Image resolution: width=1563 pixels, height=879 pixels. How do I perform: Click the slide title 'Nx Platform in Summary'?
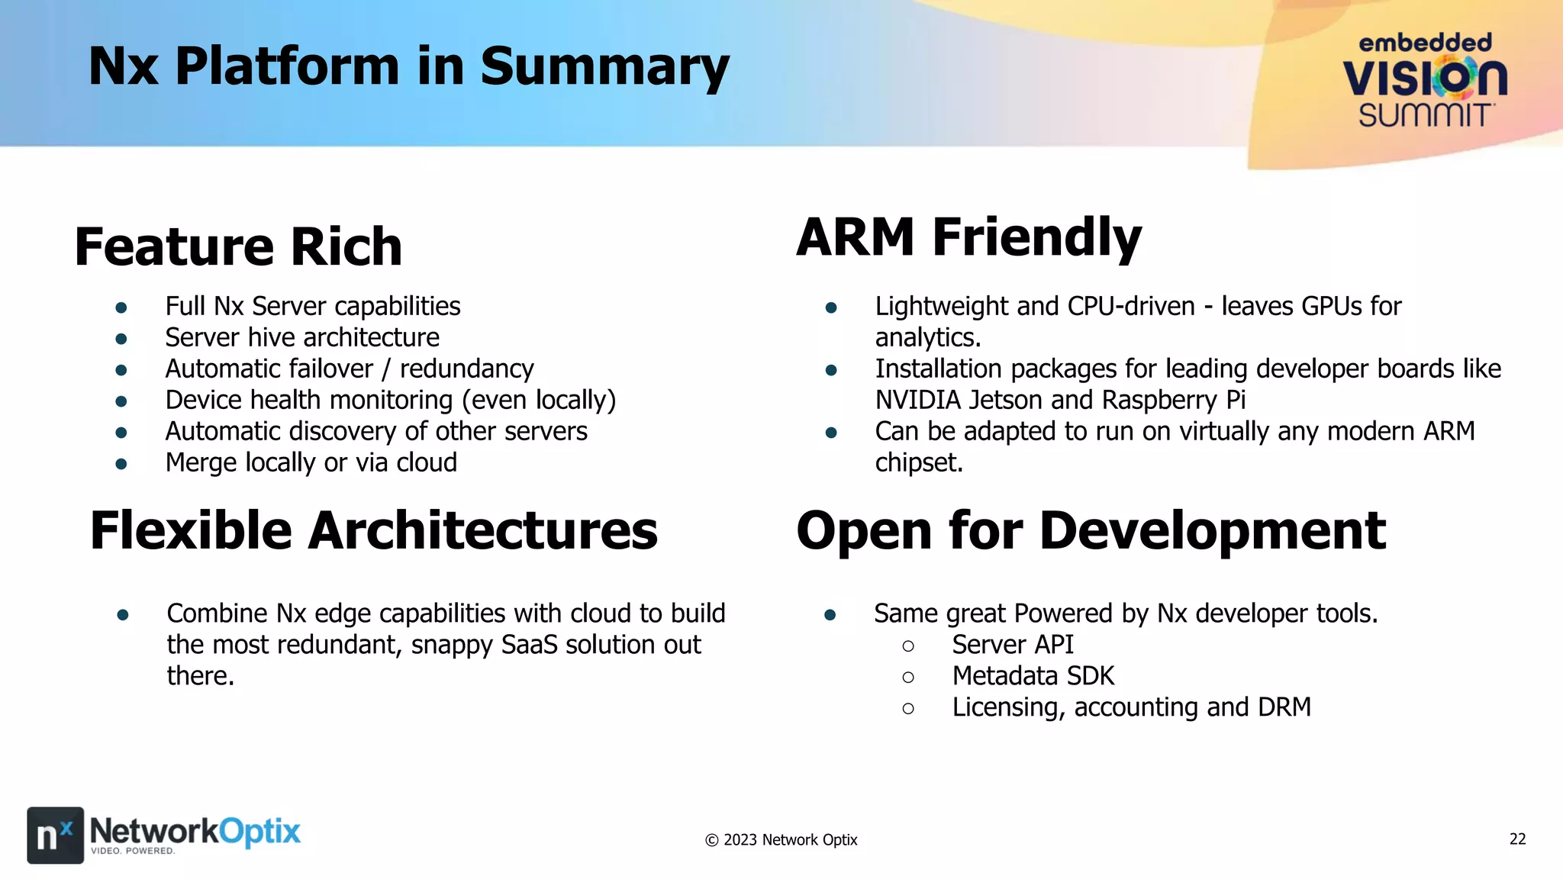(408, 66)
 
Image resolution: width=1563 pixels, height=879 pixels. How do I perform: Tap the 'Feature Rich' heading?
(238, 246)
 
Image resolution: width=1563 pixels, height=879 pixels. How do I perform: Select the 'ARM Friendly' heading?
(968, 237)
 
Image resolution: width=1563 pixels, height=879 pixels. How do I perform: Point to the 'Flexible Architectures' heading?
(373, 530)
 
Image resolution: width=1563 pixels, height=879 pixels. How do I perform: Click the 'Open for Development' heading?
(1091, 530)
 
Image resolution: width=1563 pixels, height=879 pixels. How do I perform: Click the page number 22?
(1517, 839)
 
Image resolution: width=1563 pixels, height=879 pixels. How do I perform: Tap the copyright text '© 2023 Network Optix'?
(781, 840)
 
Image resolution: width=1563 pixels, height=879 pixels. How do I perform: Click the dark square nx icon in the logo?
(55, 835)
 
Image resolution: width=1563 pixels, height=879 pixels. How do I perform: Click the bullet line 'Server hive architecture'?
(302, 337)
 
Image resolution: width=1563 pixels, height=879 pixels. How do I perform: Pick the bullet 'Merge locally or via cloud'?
(311, 462)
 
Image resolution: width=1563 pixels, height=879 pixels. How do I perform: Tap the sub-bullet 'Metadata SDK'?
(1033, 676)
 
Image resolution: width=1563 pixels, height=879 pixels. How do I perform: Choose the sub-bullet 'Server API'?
(1012, 645)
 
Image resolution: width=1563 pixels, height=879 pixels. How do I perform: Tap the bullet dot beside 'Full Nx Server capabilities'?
(121, 307)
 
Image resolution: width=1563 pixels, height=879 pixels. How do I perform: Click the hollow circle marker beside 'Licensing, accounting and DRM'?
(907, 709)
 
